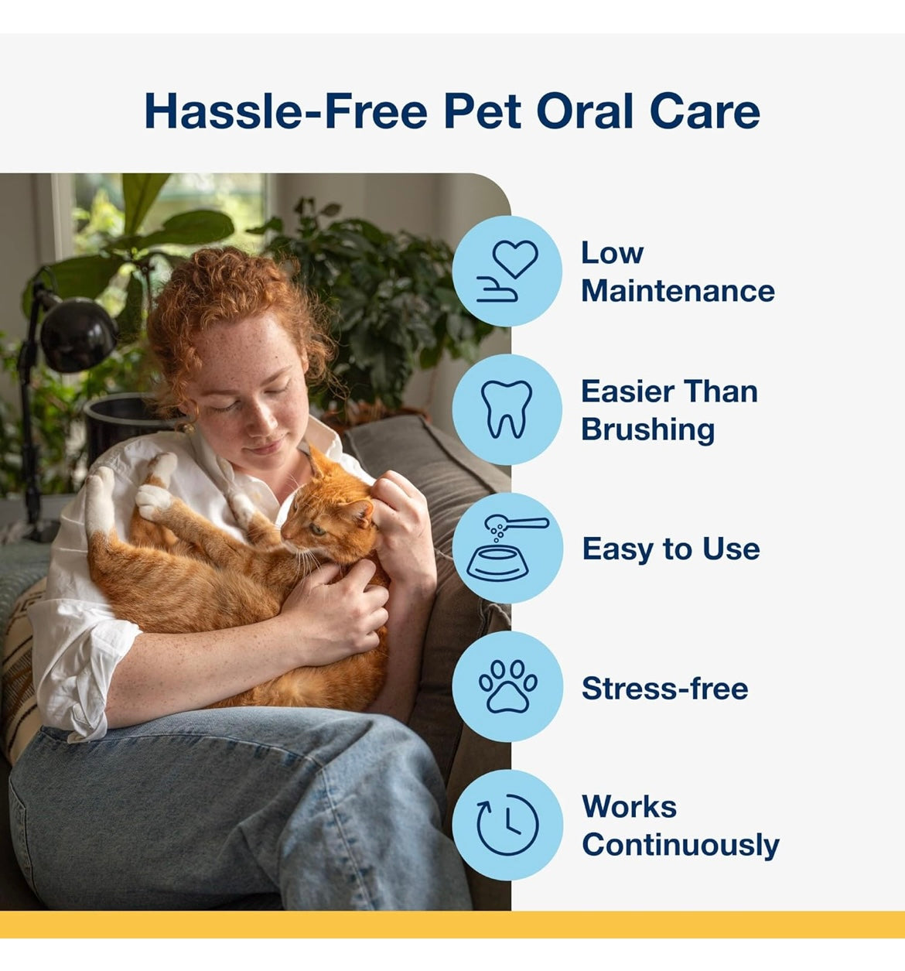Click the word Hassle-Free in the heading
[x=286, y=111]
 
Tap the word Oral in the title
[x=585, y=111]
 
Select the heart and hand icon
[x=507, y=271]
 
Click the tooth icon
[x=507, y=409]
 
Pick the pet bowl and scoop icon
[x=507, y=548]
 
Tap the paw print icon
[x=507, y=686]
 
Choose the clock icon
[x=507, y=825]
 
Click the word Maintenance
[x=678, y=292]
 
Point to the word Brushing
[x=648, y=430]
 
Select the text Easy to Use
[x=671, y=549]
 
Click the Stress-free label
[x=664, y=689]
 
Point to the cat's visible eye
[x=316, y=528]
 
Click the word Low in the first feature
[x=612, y=253]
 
